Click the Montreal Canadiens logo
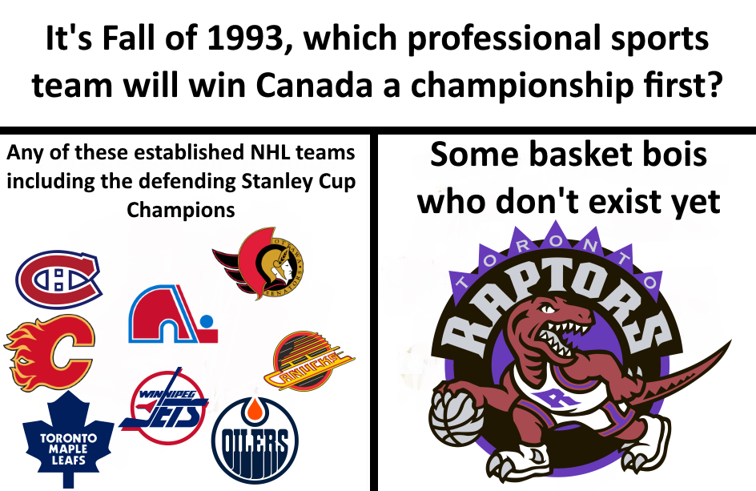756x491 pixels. pyautogui.click(x=58, y=280)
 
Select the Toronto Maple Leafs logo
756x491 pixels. pyautogui.click(x=68, y=440)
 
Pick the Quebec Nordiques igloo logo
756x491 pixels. pyautogui.click(x=173, y=314)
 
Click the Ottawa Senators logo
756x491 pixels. pyautogui.click(x=259, y=264)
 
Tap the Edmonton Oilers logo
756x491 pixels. pyautogui.click(x=255, y=440)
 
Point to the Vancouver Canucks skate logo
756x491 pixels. pyautogui.click(x=308, y=360)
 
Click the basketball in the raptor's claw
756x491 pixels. pyautogui.click(x=455, y=417)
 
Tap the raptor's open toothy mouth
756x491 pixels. pyautogui.click(x=564, y=338)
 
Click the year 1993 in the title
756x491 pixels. pyautogui.click(x=244, y=38)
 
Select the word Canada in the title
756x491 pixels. pyautogui.click(x=315, y=84)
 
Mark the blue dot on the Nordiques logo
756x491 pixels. pyautogui.click(x=207, y=321)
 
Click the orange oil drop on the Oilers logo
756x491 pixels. pyautogui.click(x=255, y=411)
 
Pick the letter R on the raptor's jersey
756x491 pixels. pyautogui.click(x=554, y=398)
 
